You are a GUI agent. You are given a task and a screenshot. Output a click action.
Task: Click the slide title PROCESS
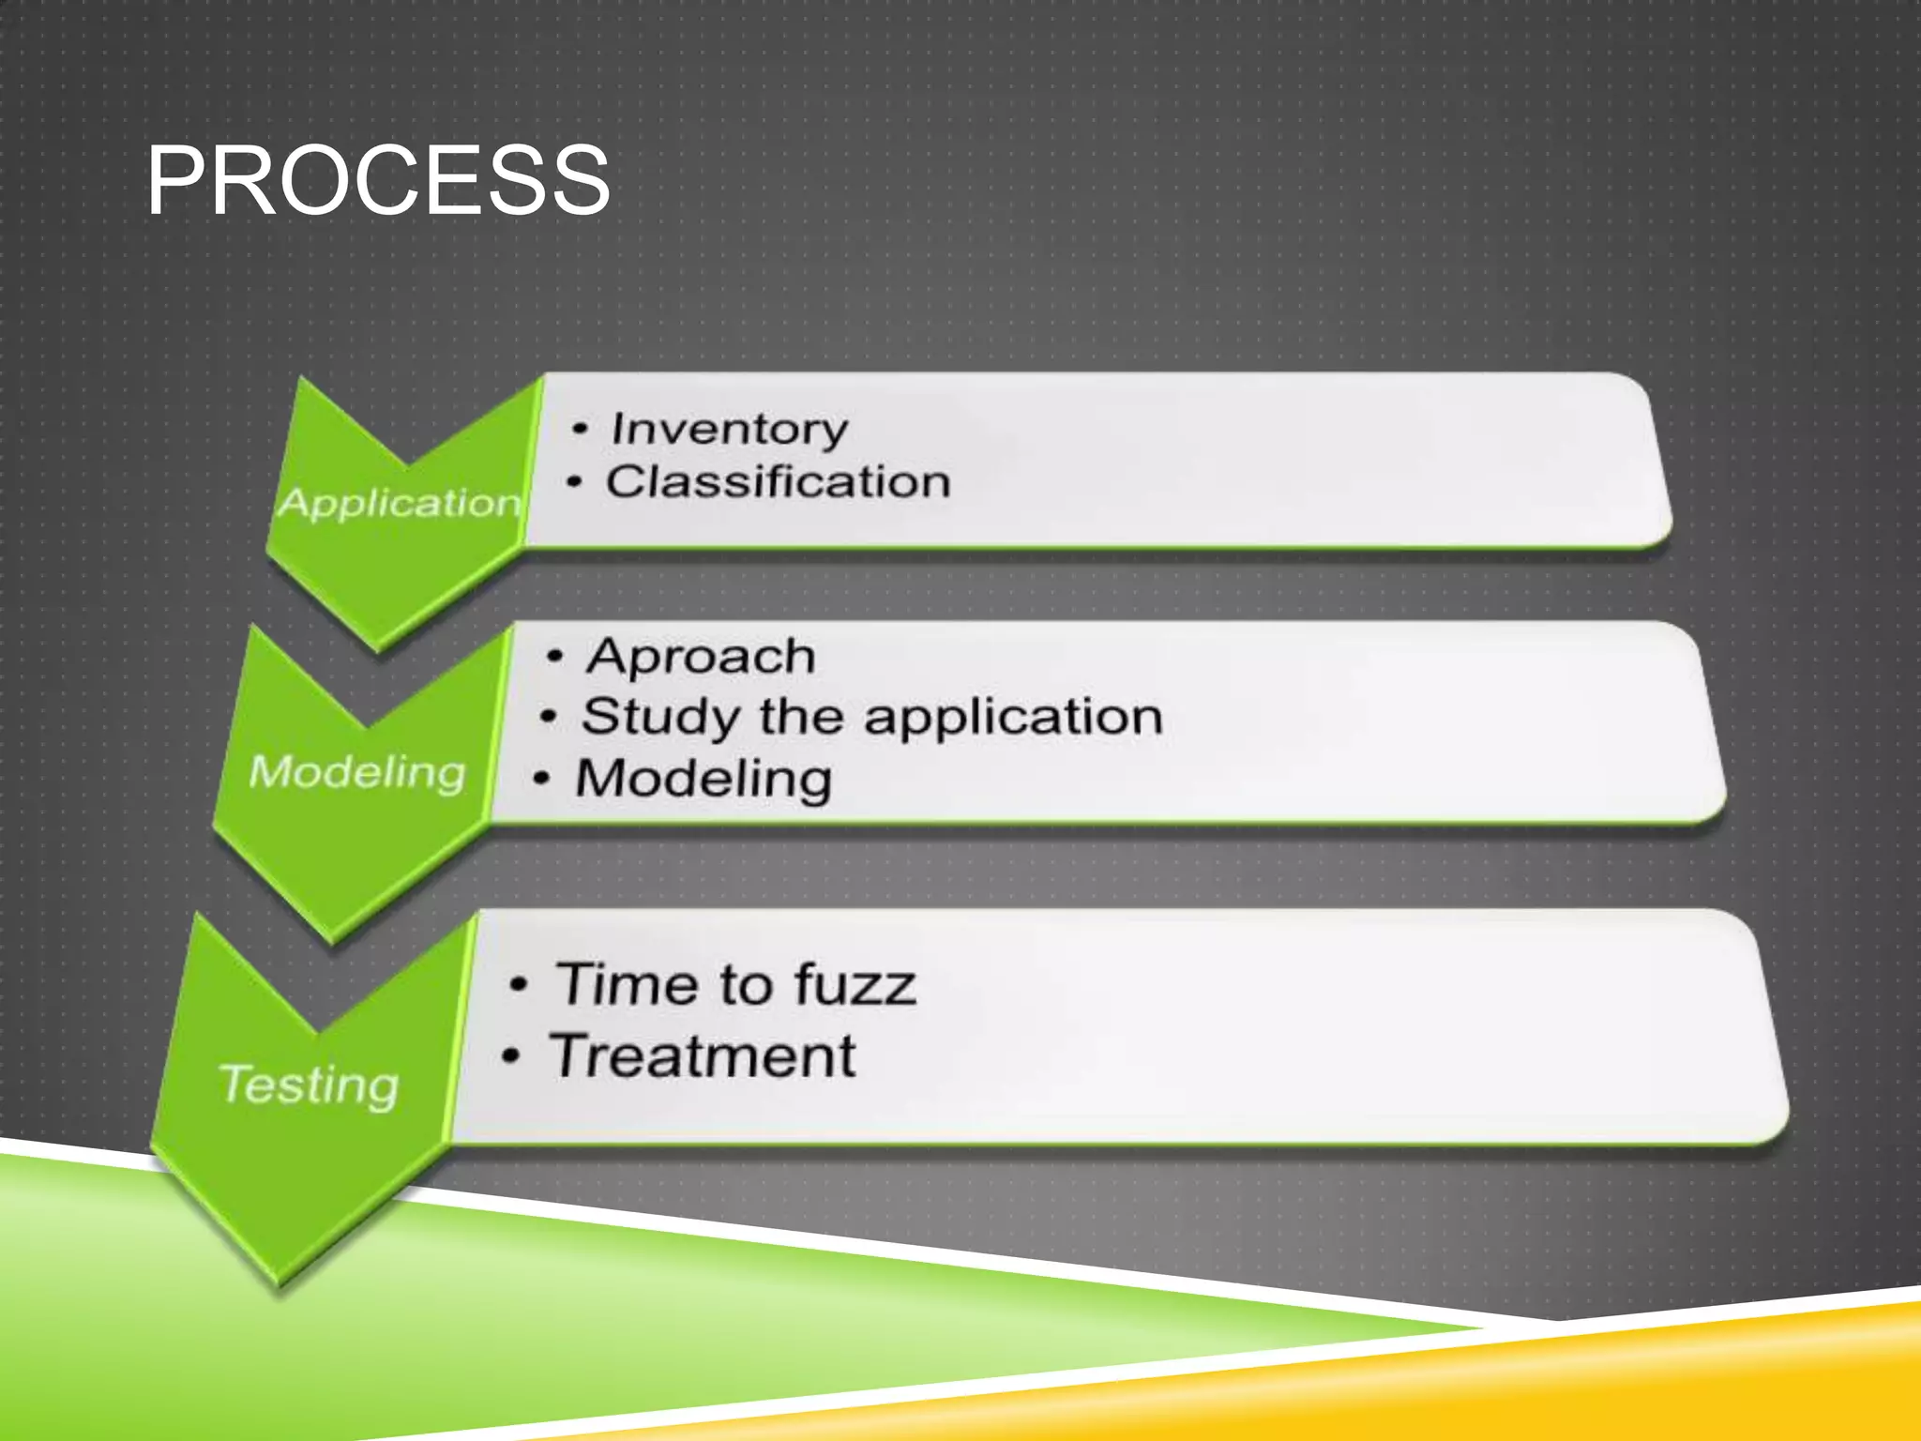(x=378, y=180)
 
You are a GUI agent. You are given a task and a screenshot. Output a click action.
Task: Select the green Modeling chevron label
(x=357, y=772)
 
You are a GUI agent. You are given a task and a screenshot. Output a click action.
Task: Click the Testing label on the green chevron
(x=310, y=1085)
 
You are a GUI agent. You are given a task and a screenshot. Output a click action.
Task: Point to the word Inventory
(x=729, y=431)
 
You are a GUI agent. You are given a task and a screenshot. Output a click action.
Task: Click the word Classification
(x=778, y=482)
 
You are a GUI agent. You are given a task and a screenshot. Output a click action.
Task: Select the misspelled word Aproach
(x=701, y=656)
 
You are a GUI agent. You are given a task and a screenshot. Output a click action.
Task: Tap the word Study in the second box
(x=659, y=718)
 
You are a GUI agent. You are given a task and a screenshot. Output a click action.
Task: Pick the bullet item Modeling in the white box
(x=703, y=779)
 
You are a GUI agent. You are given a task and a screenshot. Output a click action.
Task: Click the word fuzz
(x=855, y=985)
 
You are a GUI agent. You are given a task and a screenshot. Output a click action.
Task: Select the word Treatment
(x=703, y=1056)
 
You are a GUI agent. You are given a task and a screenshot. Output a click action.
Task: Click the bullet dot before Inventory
(x=581, y=430)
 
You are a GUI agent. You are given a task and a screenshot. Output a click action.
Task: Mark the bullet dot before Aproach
(x=555, y=657)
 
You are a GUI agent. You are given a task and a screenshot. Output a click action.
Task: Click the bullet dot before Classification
(x=575, y=483)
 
